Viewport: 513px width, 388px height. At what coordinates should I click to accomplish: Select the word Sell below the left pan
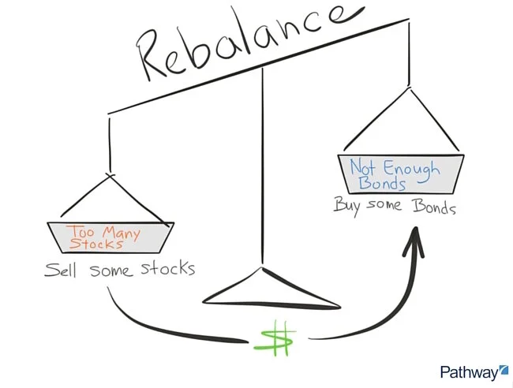tap(62, 270)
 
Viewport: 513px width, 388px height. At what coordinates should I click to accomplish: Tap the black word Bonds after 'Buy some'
tap(433, 207)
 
